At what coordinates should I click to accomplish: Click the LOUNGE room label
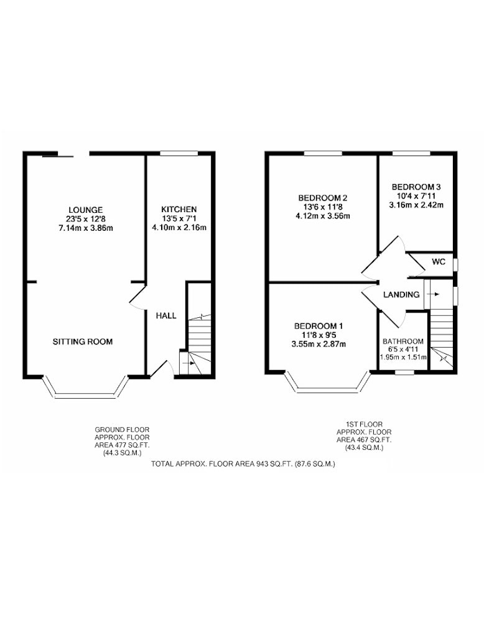pos(86,210)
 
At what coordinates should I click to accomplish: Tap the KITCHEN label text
pos(179,209)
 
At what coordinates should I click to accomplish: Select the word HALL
pos(166,316)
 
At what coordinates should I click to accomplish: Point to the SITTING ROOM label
pos(83,341)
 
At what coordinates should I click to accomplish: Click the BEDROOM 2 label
pos(323,198)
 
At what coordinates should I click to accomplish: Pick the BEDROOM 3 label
pos(416,187)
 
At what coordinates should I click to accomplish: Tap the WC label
pos(439,262)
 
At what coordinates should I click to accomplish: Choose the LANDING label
pos(401,295)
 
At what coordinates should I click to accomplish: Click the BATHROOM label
pos(403,341)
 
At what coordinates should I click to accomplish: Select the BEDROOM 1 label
pos(319,326)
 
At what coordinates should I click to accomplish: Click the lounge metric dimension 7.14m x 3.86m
pos(86,228)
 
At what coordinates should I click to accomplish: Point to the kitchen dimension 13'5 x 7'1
pos(179,218)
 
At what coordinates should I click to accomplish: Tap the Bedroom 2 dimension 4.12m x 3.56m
pos(323,216)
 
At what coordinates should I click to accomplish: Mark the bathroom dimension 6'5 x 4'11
pos(403,349)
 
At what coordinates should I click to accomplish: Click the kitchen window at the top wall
pos(179,153)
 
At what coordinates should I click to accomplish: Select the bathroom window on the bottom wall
pos(404,372)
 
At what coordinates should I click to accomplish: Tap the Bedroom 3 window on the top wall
pos(412,153)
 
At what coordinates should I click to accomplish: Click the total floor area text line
pos(243,463)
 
